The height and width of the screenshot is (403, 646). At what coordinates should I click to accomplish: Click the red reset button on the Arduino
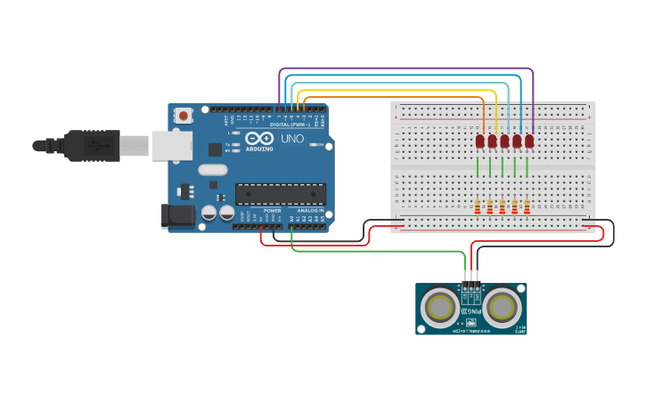184,115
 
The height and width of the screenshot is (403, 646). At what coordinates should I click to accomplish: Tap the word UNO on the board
292,140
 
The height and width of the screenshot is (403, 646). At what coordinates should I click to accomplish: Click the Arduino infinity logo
259,140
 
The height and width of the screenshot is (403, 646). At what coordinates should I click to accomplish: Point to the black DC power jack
177,215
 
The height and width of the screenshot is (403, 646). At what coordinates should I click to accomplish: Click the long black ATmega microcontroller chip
280,193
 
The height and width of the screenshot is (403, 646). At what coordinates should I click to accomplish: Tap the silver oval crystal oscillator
213,170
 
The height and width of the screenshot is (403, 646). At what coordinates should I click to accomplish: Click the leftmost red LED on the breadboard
479,141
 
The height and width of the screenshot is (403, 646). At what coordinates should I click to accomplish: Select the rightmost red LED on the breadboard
529,141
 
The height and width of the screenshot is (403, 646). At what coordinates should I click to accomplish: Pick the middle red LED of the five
504,141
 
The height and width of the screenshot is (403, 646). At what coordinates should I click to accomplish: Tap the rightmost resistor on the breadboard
527,206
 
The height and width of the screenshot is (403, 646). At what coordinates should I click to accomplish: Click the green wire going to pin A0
374,252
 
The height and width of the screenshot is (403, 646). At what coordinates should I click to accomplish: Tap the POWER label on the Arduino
272,211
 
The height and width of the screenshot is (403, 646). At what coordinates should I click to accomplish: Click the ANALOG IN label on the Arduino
310,211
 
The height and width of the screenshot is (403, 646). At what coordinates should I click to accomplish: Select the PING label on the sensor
471,311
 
